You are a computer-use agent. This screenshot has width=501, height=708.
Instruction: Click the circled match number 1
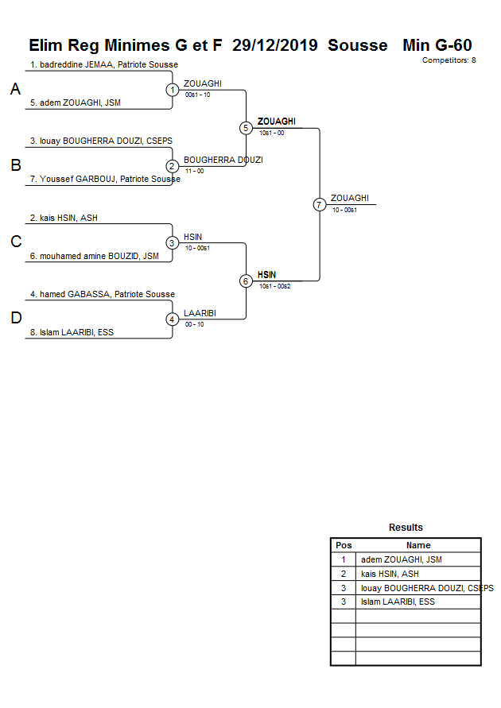coord(173,90)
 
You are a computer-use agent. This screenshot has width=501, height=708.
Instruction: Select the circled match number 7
coord(319,205)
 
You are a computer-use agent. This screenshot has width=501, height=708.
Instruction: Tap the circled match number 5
coord(246,128)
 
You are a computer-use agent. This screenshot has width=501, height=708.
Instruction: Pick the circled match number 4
coord(173,319)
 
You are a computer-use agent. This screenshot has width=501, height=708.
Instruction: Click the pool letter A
coord(15,90)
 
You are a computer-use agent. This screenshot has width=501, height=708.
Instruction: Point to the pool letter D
coord(15,319)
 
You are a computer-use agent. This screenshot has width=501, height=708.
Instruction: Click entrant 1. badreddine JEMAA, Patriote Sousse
coord(104,64)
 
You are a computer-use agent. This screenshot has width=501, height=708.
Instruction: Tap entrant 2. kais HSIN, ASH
coord(64,218)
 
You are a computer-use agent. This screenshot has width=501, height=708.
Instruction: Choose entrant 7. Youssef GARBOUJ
coord(105,180)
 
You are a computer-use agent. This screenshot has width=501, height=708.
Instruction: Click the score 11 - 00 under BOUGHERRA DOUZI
coord(194,171)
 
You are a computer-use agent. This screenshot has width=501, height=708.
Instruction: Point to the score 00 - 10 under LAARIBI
coord(194,324)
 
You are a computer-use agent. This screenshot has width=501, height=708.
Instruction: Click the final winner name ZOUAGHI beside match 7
coord(350,198)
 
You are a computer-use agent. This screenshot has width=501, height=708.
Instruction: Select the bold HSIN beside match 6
coord(266,274)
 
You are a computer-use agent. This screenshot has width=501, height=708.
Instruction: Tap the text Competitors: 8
coord(449,60)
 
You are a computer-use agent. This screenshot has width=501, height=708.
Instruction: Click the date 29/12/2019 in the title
coord(275,45)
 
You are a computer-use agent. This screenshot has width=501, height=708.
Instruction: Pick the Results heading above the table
coord(406,528)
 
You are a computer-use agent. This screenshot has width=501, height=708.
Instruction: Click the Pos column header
coord(344,545)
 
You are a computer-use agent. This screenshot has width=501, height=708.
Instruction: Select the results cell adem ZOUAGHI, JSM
coord(401,559)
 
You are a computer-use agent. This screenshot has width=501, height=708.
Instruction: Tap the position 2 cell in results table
coord(344,574)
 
